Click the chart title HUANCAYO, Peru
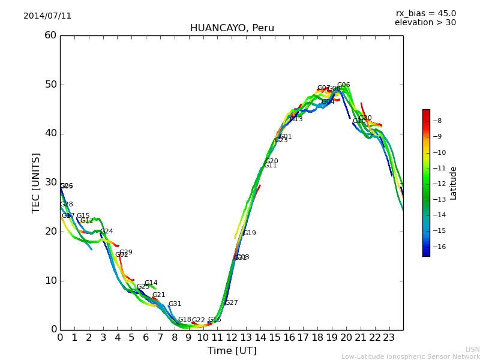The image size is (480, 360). (x=232, y=28)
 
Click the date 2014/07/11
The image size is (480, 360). (x=47, y=16)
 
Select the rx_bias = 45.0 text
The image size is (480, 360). (x=426, y=14)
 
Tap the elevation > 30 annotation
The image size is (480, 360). (x=425, y=23)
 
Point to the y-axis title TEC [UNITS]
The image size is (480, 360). (x=36, y=182)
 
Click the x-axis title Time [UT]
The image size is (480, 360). (x=232, y=351)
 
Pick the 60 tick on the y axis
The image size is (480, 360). (x=50, y=35)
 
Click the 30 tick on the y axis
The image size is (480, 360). (x=50, y=182)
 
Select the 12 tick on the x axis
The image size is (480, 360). (x=232, y=338)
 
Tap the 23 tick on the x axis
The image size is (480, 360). (x=389, y=338)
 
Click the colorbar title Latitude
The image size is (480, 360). (x=454, y=183)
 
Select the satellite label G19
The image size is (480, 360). (x=249, y=233)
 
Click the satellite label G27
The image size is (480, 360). (x=231, y=303)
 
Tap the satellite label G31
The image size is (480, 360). (x=175, y=304)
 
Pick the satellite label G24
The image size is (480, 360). (x=106, y=232)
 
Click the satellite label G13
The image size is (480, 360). (x=296, y=119)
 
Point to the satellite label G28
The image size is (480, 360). (x=66, y=205)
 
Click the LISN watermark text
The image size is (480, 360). (x=472, y=349)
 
